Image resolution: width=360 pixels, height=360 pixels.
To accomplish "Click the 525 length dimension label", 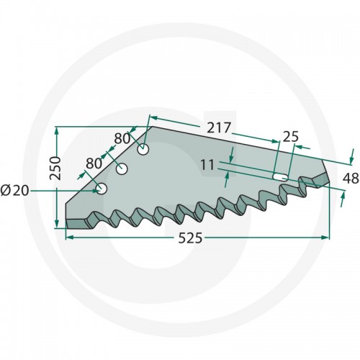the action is pyautogui.click(x=190, y=238).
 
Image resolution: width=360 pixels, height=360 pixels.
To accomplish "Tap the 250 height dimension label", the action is pyautogui.click(x=55, y=168).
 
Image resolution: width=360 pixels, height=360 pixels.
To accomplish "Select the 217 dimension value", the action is pyautogui.click(x=219, y=127).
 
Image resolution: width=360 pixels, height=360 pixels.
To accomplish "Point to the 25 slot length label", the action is pyautogui.click(x=291, y=137).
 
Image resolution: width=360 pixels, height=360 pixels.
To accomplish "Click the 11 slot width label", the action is pyautogui.click(x=207, y=165).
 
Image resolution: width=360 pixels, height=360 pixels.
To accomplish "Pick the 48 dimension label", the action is pyautogui.click(x=351, y=179).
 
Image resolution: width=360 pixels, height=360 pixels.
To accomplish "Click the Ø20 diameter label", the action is pyautogui.click(x=15, y=191).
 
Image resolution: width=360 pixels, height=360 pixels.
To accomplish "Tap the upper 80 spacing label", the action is pyautogui.click(x=122, y=138).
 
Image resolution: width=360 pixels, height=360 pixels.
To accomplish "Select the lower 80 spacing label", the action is pyautogui.click(x=94, y=163).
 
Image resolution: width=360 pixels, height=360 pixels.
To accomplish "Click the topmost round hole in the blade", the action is pyautogui.click(x=143, y=150).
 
